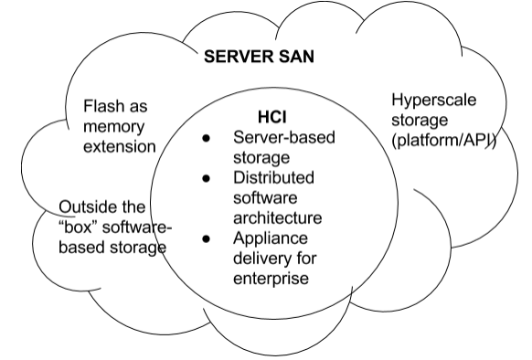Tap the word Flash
tap(104, 106)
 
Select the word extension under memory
tap(118, 145)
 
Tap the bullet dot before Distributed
tap(207, 180)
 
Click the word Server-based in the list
tap(284, 138)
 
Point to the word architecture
tap(278, 218)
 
